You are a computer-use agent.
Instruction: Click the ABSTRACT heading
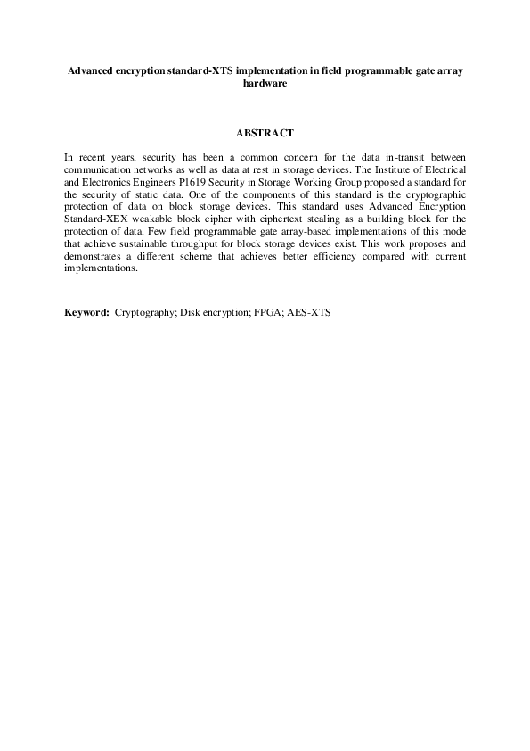pos(265,133)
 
